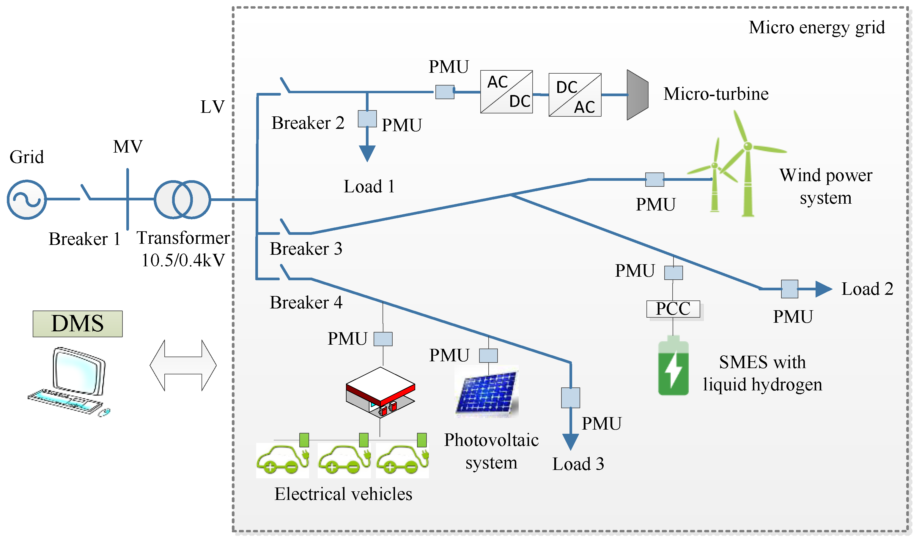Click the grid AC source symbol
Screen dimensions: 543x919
pos(27,200)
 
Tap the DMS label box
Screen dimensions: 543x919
pos(78,324)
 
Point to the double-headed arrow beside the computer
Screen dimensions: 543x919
pos(183,365)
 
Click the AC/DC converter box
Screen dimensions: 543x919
pos(506,92)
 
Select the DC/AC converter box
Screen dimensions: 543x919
pos(575,95)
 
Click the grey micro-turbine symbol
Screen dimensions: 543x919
pos(637,95)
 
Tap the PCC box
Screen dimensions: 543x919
pos(673,309)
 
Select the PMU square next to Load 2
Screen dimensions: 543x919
pos(789,289)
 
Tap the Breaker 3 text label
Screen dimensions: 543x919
pos(306,249)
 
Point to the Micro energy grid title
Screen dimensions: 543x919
pos(816,27)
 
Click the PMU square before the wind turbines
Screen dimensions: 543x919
pos(654,180)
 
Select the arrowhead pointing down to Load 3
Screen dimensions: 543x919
pos(570,442)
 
